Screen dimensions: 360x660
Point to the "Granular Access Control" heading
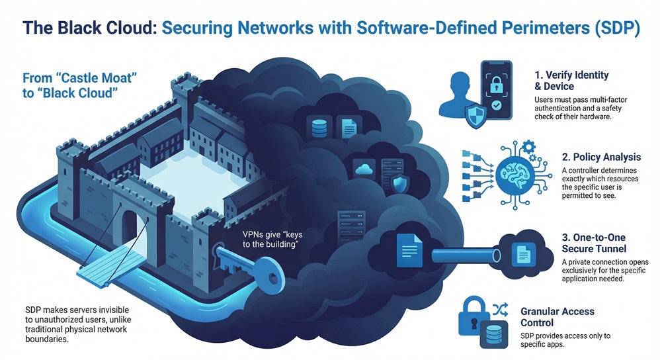[x=557, y=316]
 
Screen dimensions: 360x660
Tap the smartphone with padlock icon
[x=495, y=91]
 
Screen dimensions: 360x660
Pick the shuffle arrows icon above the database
[x=500, y=309]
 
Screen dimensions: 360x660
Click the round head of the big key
[x=267, y=271]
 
